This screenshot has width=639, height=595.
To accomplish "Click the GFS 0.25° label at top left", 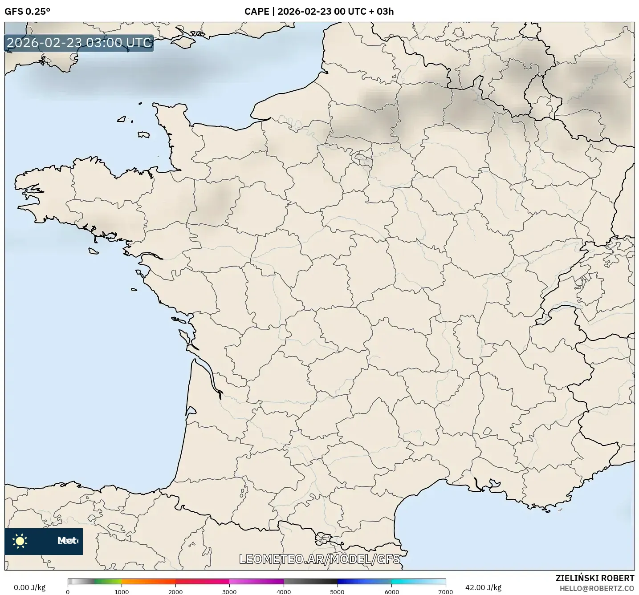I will pos(27,12).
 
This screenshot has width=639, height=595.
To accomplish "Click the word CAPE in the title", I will pos(256,12).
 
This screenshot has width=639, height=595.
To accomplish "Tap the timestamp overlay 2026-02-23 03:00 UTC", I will pos(79,43).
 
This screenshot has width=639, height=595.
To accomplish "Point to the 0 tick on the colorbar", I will pos(68,591).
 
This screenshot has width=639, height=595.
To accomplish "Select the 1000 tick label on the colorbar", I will pos(122,591).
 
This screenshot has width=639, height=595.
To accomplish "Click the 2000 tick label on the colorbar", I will pos(175,591).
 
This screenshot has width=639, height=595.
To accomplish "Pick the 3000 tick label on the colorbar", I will pos(229,591).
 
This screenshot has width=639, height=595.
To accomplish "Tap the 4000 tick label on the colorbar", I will pos(284,591).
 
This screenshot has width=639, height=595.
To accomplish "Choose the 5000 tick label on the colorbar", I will pos(338,591).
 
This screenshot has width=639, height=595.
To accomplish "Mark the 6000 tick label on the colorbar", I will pos(391,591).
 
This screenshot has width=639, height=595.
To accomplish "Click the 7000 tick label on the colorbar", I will pos(445,591).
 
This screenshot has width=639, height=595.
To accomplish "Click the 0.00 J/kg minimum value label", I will pos(29,587).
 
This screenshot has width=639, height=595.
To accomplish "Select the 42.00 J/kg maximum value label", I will pos(483,587).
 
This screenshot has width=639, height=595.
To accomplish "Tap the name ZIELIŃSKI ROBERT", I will pos(595,578).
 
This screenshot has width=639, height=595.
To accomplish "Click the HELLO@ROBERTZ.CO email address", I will pos(597,588).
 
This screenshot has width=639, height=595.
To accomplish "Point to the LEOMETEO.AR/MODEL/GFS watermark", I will pos(319,559).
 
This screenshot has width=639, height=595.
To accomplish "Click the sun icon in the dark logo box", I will pos(20,541).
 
